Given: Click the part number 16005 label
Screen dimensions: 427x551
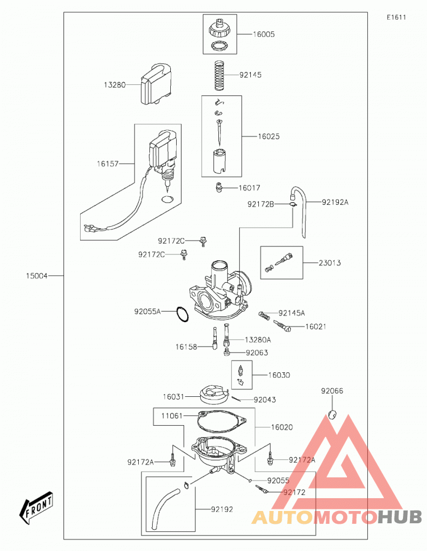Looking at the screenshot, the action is [x=264, y=35].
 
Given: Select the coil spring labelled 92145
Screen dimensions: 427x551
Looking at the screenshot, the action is [x=220, y=75].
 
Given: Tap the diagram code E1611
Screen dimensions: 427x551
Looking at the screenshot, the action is [x=397, y=18].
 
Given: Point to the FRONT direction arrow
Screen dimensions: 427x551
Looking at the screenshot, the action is [x=36, y=507].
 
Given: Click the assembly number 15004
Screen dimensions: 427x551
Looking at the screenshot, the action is [x=37, y=276].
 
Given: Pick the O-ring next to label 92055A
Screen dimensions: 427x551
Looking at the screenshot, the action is [x=182, y=314].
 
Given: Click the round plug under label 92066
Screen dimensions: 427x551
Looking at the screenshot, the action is [x=333, y=414].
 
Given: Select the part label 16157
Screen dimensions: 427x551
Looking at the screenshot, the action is [x=108, y=164].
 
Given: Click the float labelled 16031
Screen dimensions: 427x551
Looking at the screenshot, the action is [x=213, y=395].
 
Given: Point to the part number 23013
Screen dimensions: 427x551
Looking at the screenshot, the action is [x=329, y=263].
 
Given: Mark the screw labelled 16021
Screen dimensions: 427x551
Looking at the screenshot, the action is [x=282, y=326].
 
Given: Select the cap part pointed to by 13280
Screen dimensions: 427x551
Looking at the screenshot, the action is [x=156, y=84].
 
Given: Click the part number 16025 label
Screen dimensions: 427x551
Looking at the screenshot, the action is [x=268, y=137].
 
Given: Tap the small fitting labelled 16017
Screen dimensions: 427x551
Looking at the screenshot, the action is [x=219, y=187].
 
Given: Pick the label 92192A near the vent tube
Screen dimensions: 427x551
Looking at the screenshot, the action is [x=335, y=202].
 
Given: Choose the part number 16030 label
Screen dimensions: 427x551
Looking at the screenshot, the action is [x=279, y=376].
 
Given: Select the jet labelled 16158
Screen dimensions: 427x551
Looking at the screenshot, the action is [x=214, y=338].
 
